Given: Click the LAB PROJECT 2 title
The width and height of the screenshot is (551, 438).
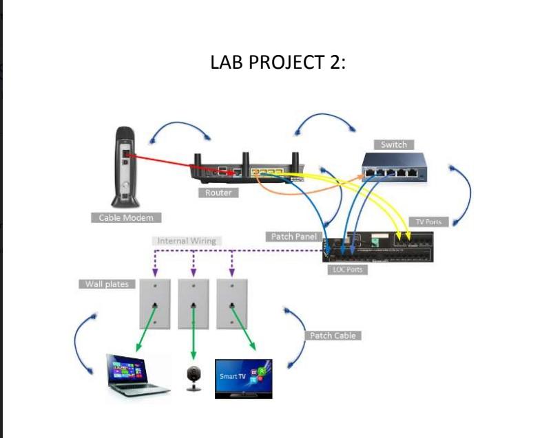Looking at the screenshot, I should click(278, 63).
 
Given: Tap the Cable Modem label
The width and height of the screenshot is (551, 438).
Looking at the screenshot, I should click(125, 217).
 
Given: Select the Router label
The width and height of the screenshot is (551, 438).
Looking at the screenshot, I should click(218, 193).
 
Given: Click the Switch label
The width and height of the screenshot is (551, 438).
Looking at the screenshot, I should click(394, 144).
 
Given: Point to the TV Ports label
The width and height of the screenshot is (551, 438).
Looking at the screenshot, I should click(428, 221).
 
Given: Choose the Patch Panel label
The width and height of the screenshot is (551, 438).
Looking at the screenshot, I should click(293, 237).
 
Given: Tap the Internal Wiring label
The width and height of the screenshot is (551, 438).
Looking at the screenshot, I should click(186, 241).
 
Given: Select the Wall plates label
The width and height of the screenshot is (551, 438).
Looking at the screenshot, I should click(107, 284).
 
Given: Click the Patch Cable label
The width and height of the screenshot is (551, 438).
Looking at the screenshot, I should click(333, 336).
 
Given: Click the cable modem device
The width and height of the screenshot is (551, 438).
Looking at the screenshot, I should click(126, 165).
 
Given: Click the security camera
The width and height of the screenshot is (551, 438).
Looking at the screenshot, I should click(194, 378).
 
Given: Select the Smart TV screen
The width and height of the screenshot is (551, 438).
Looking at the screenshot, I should click(243, 377).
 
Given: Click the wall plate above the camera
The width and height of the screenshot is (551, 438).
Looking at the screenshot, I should click(194, 303).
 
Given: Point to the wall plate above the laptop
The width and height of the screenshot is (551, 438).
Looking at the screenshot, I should click(156, 303).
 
